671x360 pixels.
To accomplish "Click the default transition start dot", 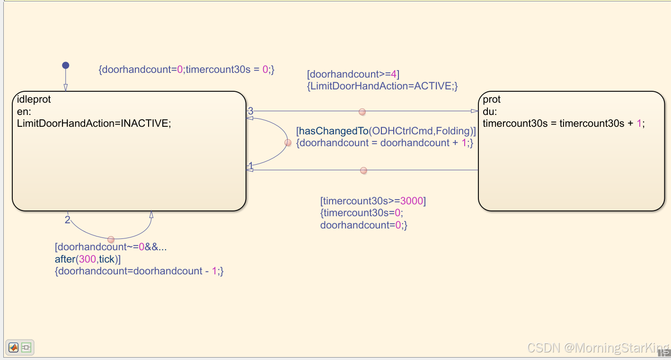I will click(66, 65).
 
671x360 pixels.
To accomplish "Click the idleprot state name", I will click(34, 99).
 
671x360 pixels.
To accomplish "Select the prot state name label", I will click(492, 99).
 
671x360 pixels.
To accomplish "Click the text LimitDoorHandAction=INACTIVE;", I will click(94, 123).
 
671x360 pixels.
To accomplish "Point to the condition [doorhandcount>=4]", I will click(353, 74).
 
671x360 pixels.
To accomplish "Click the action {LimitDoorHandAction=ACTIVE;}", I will click(382, 86).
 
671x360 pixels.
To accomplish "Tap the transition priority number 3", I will click(251, 111).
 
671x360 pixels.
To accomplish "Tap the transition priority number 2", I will click(67, 220).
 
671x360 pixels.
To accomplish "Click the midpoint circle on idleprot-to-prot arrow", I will click(362, 112).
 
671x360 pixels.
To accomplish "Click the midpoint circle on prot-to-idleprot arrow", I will click(363, 170).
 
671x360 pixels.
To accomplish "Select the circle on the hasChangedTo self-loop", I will click(288, 142).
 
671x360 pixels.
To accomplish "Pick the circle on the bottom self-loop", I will click(111, 240).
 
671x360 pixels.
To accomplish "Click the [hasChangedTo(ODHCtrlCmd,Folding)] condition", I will click(386, 131).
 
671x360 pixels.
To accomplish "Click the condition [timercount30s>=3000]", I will click(373, 201).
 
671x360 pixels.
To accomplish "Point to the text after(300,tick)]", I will click(88, 259).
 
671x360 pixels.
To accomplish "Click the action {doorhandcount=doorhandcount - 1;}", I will click(139, 271).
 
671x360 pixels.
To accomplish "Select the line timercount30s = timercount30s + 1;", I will click(564, 123).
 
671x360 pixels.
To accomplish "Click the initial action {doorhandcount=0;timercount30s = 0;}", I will click(186, 69).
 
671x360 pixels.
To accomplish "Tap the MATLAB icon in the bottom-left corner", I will click(14, 348).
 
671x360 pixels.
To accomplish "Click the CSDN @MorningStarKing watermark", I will click(598, 348).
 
